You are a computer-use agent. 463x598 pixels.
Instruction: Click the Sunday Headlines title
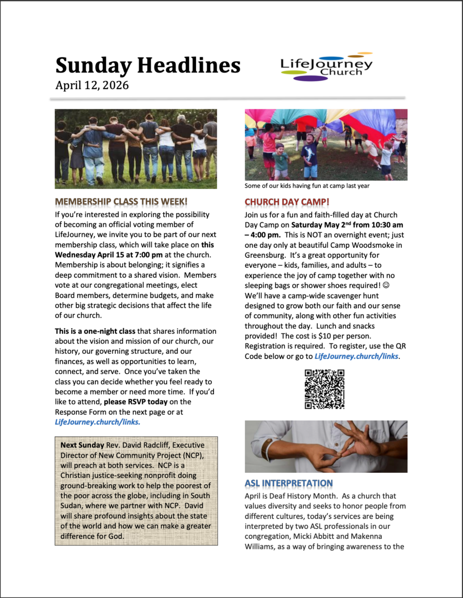148,66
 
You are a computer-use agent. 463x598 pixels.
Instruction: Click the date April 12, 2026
92,85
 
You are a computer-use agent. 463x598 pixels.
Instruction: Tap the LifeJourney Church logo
326,67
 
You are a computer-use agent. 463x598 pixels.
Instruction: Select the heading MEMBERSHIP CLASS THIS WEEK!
121,201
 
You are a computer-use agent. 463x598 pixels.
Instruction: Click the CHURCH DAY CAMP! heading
287,201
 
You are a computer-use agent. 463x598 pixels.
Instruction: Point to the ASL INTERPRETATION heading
289,483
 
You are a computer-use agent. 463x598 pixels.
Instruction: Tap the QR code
324,389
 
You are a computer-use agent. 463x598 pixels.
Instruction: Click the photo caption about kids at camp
307,186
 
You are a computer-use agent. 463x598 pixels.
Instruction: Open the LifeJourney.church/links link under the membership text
97,422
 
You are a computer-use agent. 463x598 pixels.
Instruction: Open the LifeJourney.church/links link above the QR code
356,356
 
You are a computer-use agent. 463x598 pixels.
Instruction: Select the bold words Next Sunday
82,445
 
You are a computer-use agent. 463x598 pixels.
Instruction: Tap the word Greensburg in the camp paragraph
267,255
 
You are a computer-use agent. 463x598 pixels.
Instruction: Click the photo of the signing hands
326,446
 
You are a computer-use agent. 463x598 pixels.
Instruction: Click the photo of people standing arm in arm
136,149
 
